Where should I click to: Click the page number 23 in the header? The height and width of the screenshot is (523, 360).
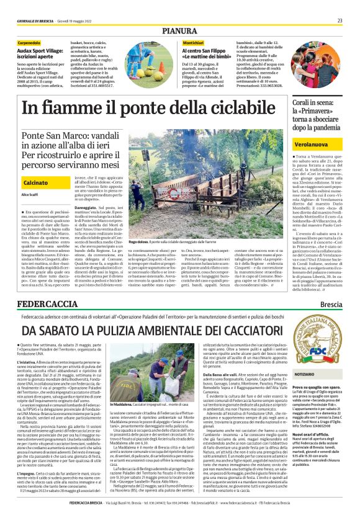pos(340,20)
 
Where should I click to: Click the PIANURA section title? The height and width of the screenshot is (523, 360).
pos(180,30)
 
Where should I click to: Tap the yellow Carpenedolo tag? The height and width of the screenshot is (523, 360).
pos(29,42)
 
